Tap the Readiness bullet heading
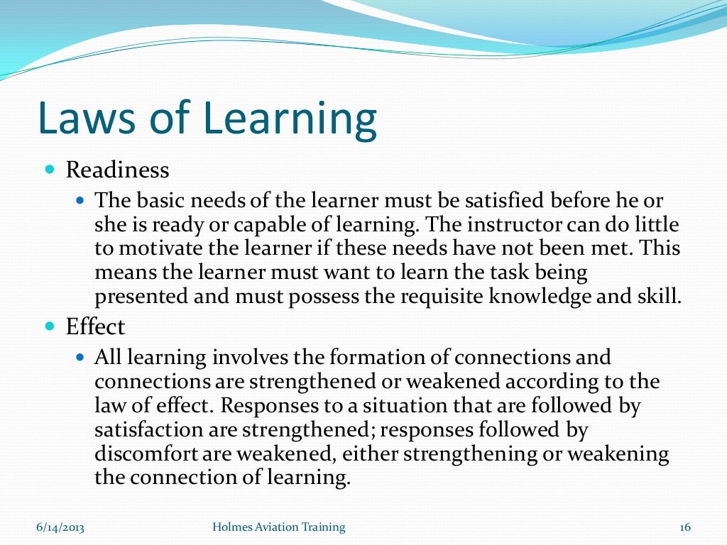point(117,170)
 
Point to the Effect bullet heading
point(95,327)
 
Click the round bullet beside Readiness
point(49,170)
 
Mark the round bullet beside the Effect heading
point(49,327)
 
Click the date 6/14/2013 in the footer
point(60,527)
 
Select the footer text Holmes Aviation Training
point(279,527)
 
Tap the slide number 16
point(685,527)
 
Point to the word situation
point(425,407)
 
